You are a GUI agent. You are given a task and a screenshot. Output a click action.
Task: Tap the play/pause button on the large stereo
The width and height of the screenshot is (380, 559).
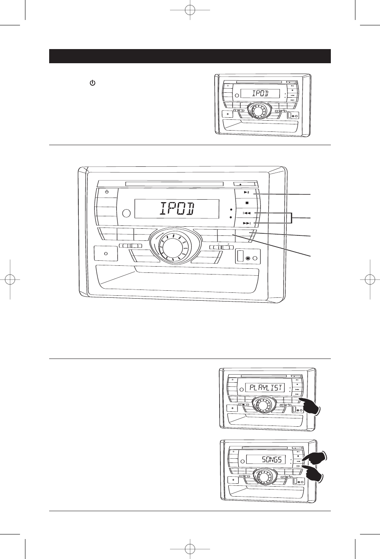click(x=247, y=193)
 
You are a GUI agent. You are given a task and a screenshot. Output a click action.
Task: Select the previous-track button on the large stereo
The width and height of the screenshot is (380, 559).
click(x=247, y=213)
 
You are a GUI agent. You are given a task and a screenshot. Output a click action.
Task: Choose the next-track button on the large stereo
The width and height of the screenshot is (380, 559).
click(x=247, y=224)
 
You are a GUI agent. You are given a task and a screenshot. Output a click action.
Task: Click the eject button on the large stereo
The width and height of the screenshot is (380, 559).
click(x=241, y=184)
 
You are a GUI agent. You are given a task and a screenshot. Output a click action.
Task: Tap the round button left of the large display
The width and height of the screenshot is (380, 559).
click(x=127, y=213)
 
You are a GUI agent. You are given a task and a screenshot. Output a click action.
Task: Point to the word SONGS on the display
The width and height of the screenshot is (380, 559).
click(x=272, y=460)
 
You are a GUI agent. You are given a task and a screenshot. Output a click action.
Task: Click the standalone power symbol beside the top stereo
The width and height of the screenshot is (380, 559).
click(x=90, y=84)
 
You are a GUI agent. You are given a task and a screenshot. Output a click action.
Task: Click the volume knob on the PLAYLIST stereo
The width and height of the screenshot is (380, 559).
click(x=262, y=405)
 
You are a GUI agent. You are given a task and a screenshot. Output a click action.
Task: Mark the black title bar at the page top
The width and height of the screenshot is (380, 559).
click(x=190, y=56)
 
